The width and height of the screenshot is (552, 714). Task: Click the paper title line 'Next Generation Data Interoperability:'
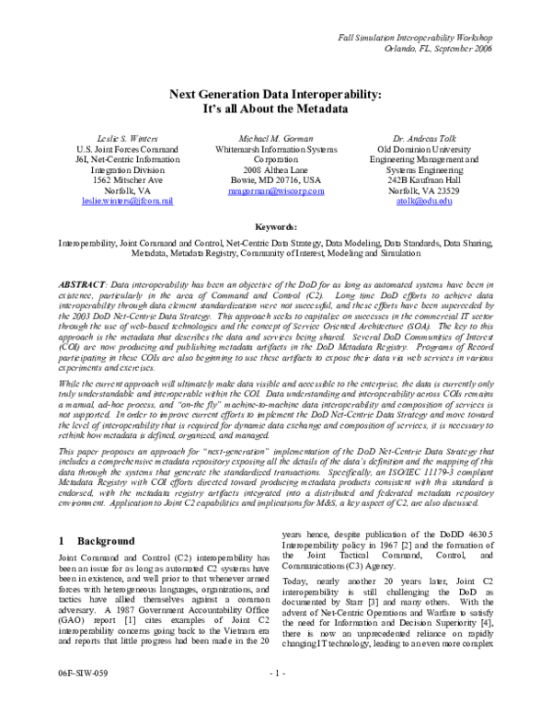point(276,93)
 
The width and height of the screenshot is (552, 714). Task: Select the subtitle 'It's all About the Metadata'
point(276,109)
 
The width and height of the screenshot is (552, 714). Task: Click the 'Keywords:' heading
point(276,226)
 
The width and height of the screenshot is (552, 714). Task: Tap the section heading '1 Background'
point(95,542)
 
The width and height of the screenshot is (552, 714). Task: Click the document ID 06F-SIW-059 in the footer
point(81,699)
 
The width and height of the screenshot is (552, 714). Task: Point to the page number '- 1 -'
point(276,699)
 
